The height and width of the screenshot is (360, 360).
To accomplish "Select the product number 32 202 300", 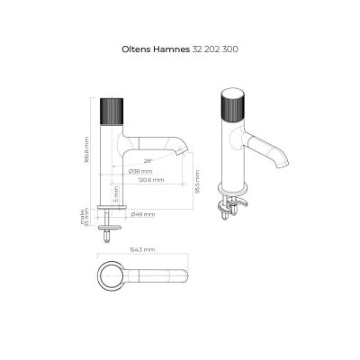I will pos(214,49).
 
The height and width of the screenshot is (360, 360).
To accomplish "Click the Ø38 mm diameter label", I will pos(140,171).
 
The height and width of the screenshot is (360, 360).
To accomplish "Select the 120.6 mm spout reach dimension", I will pos(150,180).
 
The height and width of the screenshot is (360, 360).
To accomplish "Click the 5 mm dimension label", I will pos(116,193).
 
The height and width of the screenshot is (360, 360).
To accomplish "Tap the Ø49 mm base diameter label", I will pos(142,214).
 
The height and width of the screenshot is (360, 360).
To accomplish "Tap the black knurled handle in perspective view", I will pos(232,108).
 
